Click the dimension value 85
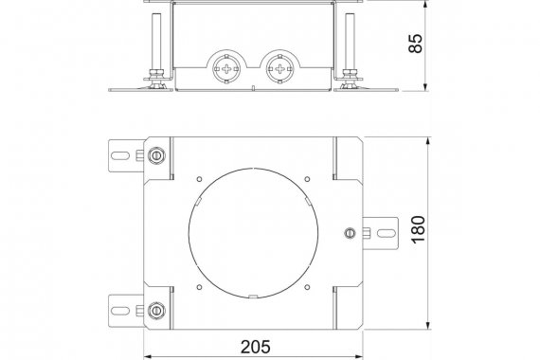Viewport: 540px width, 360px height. (416, 43)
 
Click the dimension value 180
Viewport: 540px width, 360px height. (419, 229)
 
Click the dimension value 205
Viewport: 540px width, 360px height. (255, 347)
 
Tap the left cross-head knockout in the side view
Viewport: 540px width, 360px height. (225, 68)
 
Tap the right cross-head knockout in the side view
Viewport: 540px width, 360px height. (279, 68)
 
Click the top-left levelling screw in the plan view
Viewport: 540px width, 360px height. (156, 155)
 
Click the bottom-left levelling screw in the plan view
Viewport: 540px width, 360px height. (156, 311)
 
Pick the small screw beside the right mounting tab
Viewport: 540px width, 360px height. (350, 233)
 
